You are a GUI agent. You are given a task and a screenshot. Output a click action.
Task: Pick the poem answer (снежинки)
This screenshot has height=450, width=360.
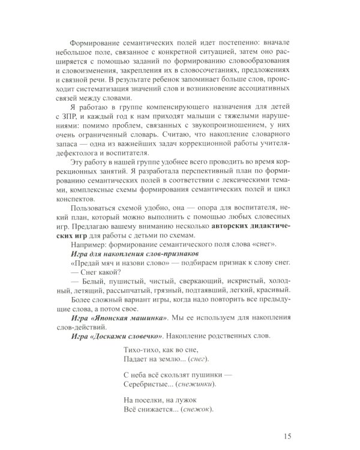194,384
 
